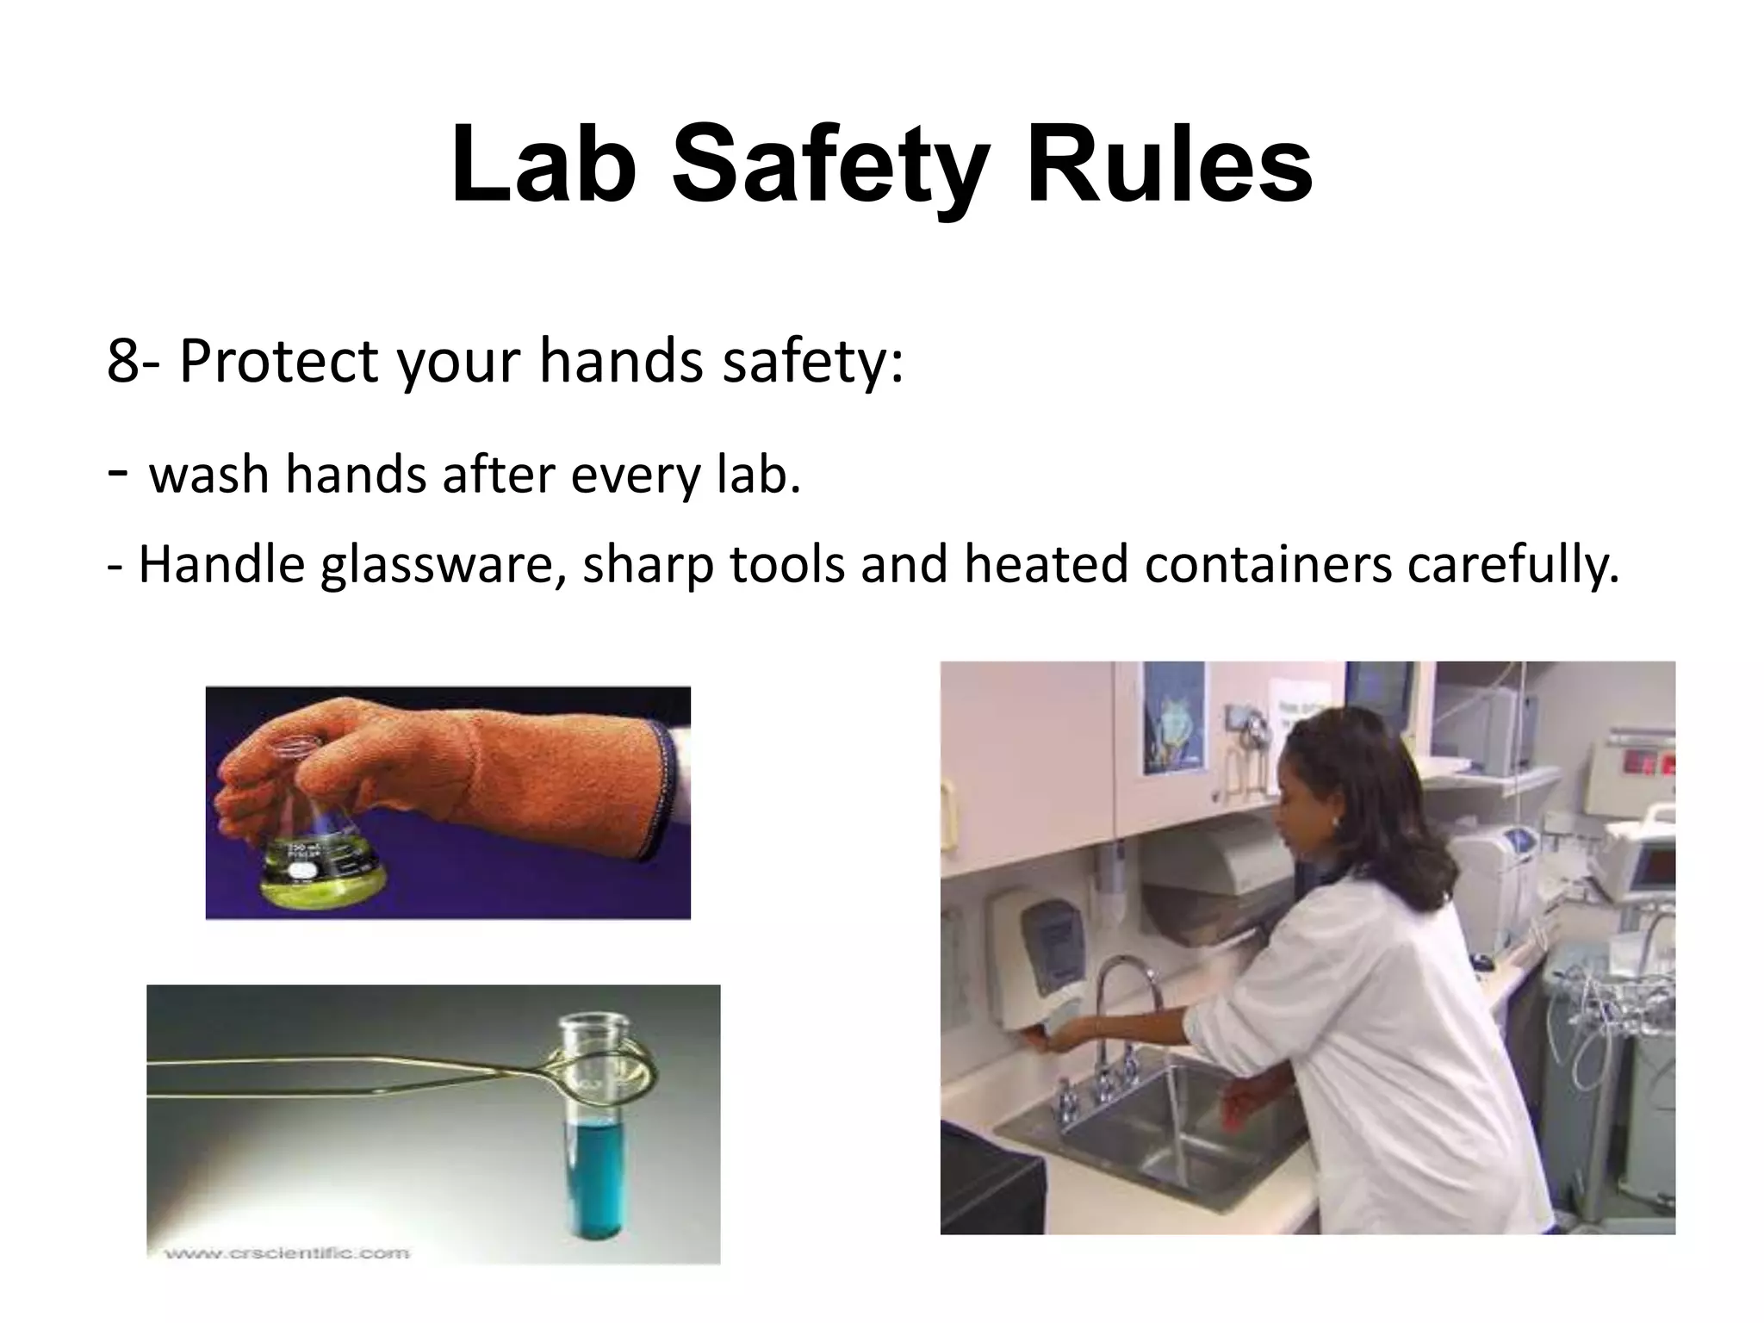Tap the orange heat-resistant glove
point(482,775)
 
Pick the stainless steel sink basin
point(1154,1146)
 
